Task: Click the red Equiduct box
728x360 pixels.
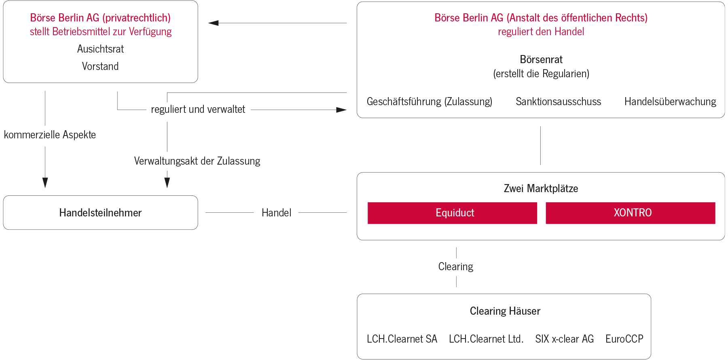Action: coord(452,213)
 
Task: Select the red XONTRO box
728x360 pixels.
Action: coord(630,213)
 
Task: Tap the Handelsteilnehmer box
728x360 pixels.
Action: coord(100,213)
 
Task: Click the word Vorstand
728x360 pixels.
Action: coord(100,66)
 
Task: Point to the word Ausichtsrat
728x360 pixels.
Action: coord(100,49)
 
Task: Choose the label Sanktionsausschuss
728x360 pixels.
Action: coord(558,102)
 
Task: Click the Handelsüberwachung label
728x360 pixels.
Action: coord(670,102)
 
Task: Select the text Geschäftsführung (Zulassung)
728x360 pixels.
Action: coord(429,102)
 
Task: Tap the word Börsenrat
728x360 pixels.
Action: coord(541,59)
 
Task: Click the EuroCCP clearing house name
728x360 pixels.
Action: coord(624,339)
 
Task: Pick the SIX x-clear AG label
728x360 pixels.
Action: coord(564,339)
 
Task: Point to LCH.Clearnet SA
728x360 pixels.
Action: coord(402,339)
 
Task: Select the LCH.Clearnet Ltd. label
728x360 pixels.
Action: coord(486,339)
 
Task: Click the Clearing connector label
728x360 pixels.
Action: coord(456,267)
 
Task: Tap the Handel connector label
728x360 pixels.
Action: coord(276,213)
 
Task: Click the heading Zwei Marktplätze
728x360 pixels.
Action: coord(541,188)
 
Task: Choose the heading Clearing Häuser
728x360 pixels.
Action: coord(505,311)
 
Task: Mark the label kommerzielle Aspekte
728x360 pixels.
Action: coord(50,135)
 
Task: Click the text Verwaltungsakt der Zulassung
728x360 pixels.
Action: coord(197,161)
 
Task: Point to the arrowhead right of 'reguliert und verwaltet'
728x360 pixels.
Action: coord(341,110)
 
